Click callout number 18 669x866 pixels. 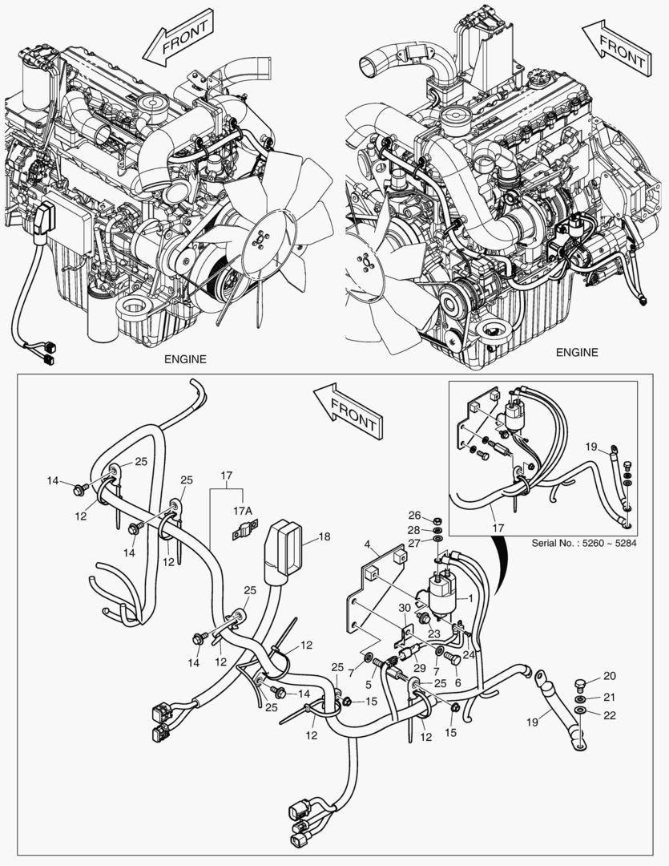click(x=324, y=536)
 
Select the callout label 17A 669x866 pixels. click(x=244, y=510)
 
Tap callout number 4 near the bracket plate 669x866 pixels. click(x=368, y=545)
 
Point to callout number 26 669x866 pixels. click(x=414, y=515)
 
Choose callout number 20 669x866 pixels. click(x=609, y=675)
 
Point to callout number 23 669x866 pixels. click(x=433, y=633)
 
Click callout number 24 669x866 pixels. click(x=468, y=654)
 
